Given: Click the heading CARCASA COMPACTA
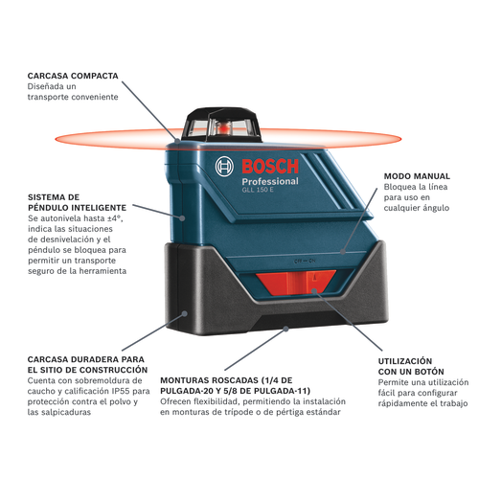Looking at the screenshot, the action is [73, 76].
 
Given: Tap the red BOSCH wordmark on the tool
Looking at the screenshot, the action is [270, 167].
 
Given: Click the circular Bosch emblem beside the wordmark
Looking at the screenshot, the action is [224, 166].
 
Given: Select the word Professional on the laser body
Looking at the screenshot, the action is [270, 182].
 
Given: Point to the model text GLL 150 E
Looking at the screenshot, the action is [258, 190].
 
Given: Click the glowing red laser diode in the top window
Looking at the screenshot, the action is [223, 128].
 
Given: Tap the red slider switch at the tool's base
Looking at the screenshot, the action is [296, 283].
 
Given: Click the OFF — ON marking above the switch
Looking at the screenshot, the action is [305, 262].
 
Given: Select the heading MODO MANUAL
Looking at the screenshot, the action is [417, 176].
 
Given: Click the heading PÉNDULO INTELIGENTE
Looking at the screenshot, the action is [77, 208].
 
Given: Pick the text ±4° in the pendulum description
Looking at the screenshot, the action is [116, 218].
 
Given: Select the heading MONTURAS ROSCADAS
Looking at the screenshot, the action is [209, 380].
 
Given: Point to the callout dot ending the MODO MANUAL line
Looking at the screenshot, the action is [343, 252].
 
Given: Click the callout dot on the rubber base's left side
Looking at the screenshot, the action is [184, 313].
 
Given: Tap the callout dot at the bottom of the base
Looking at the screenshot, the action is [286, 329].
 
